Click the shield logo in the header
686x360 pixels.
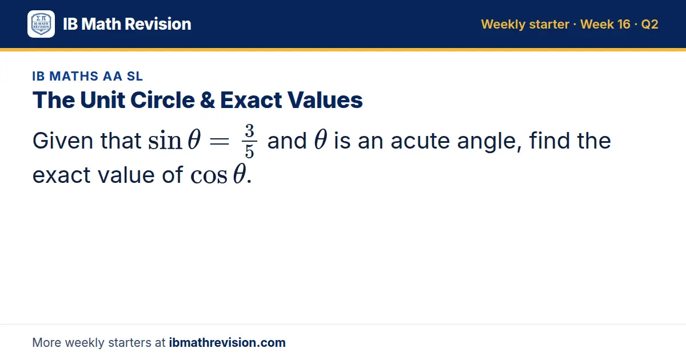click(41, 24)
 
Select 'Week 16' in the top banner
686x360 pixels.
click(605, 24)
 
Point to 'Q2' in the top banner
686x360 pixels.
click(649, 24)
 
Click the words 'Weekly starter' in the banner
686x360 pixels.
click(525, 24)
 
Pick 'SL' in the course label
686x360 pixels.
click(135, 76)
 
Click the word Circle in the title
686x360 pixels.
click(162, 100)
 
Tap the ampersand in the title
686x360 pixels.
click(208, 100)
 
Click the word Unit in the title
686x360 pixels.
click(102, 100)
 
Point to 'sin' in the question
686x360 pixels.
click(165, 141)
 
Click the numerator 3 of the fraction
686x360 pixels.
click(249, 131)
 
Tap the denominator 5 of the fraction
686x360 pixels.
click(249, 151)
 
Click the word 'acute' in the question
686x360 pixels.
click(420, 141)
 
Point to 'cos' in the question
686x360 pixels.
click(209, 176)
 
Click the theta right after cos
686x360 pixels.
click(240, 174)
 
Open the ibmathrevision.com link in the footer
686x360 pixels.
click(228, 342)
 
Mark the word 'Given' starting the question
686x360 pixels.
click(63, 141)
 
